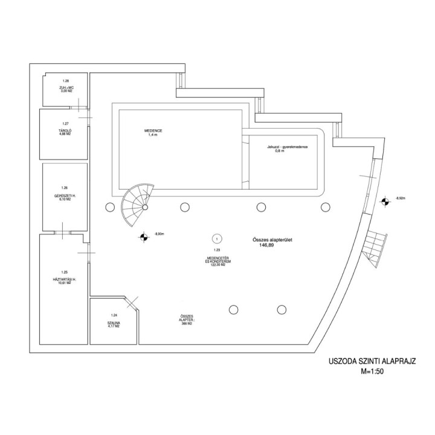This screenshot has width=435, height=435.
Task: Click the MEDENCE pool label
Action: click(153, 131)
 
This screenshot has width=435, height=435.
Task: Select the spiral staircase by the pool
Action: click(137, 204)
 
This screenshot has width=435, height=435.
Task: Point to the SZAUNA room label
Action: click(114, 324)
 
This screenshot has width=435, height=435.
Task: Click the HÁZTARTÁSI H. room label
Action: click(63, 280)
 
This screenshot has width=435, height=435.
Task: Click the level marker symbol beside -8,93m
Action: click(143, 237)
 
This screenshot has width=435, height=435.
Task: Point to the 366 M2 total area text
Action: click(186, 324)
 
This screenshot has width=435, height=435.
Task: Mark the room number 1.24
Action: click(114, 315)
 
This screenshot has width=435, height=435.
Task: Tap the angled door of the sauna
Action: click(132, 301)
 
